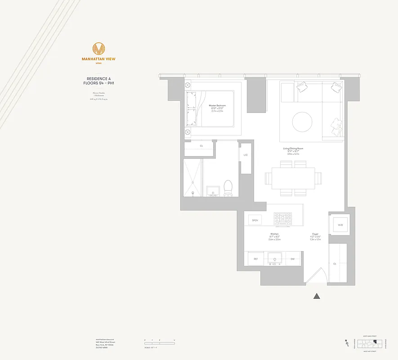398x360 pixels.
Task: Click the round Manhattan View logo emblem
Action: [x=98, y=49]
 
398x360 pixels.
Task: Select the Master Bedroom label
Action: [x=217, y=105]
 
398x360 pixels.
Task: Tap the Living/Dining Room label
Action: [x=293, y=148]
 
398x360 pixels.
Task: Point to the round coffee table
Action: [x=302, y=121]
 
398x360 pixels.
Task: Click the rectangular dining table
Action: [x=293, y=178]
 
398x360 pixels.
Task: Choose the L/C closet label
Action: [x=246, y=155]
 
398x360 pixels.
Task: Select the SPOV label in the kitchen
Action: [x=255, y=220]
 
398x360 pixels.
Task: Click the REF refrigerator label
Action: [x=255, y=259]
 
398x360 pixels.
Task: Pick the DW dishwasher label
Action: [x=292, y=259]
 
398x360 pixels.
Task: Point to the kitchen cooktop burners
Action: [x=283, y=220]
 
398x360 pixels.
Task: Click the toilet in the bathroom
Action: [x=228, y=188]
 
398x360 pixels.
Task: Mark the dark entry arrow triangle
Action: [x=317, y=296]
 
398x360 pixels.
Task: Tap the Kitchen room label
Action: [x=274, y=234]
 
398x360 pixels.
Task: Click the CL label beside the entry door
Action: [x=335, y=264]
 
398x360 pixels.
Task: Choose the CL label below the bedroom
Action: [x=201, y=146]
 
